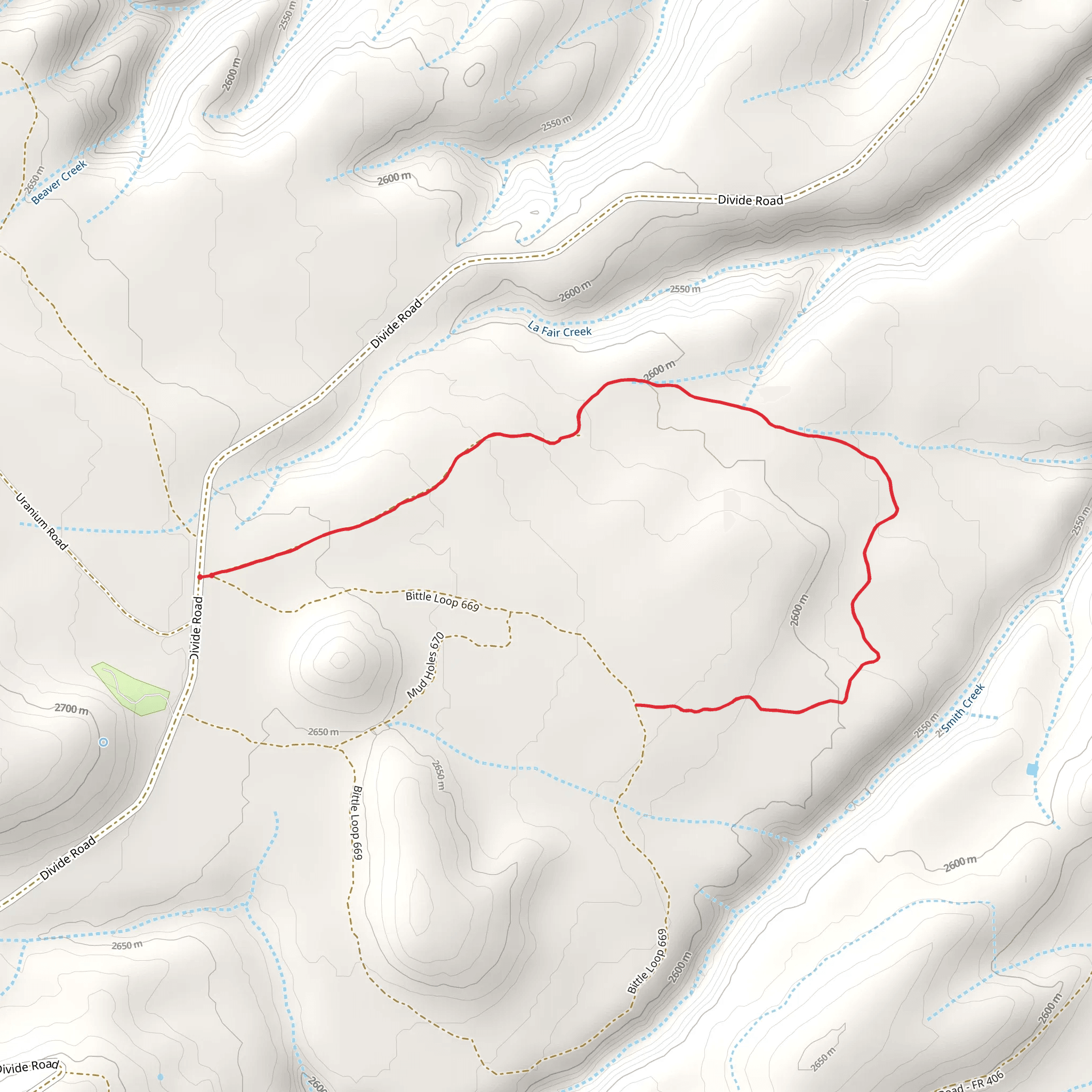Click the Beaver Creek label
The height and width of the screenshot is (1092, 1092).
(59, 182)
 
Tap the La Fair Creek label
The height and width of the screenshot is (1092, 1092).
(559, 330)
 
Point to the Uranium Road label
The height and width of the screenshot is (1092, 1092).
(41, 521)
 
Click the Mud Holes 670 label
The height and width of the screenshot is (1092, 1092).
(425, 665)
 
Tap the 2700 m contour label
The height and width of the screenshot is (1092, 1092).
(71, 709)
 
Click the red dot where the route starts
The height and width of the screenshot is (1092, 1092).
(199, 576)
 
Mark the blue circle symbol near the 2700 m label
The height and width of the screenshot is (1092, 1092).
(103, 742)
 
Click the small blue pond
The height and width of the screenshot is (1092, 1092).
(1032, 769)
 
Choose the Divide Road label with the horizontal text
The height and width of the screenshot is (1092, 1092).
(750, 199)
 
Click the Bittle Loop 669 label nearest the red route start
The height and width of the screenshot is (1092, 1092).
(442, 601)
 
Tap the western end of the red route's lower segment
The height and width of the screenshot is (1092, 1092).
(637, 705)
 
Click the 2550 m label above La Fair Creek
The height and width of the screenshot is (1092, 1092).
(685, 289)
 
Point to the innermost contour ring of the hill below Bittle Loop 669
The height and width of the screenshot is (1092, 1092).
(340, 659)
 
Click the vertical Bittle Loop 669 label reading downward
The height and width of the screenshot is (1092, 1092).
(357, 822)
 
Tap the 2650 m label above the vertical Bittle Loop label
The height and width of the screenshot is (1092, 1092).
(323, 732)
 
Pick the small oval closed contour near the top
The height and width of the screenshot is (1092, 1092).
(473, 74)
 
